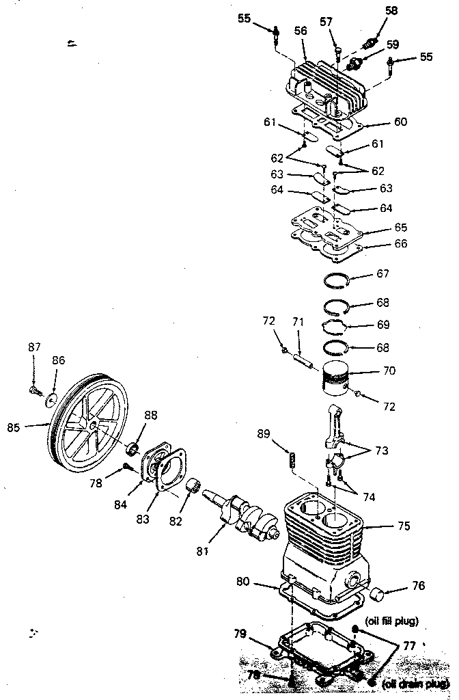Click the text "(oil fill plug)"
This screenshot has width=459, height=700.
pyautogui.click(x=392, y=621)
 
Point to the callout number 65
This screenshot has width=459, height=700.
pyautogui.click(x=401, y=227)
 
